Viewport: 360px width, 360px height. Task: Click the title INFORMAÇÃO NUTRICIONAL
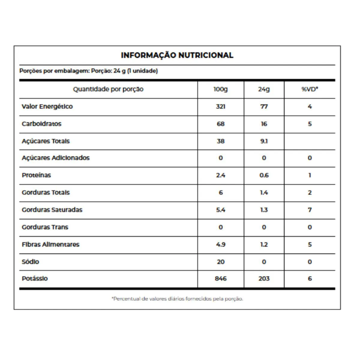pos(177,55)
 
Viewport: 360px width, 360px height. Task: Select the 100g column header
pos(220,89)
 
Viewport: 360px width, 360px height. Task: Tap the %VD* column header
pos(310,89)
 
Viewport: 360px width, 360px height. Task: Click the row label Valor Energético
pos(47,106)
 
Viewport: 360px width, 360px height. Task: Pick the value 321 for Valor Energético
pos(220,106)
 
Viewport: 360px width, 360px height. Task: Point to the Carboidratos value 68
pos(220,124)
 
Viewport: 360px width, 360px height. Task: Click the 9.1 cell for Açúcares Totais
pos(264,141)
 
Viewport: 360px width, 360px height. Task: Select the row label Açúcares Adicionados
pos(55,158)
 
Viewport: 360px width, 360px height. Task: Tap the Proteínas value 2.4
pos(220,175)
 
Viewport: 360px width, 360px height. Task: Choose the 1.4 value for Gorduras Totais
pos(264,193)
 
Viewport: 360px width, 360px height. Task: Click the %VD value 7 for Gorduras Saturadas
pos(310,210)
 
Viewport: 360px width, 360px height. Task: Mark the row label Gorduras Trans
pos(45,227)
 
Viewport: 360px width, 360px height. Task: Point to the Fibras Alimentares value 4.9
pos(220,244)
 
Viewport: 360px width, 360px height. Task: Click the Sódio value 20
pos(220,262)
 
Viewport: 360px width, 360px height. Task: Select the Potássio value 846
pos(220,279)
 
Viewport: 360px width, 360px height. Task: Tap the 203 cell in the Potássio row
pos(264,279)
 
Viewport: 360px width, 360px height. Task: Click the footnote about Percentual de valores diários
pos(177,299)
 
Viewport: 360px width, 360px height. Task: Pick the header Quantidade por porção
pos(108,89)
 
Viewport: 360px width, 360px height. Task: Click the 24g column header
pos(264,89)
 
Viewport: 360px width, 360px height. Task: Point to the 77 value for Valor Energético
pos(264,106)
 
